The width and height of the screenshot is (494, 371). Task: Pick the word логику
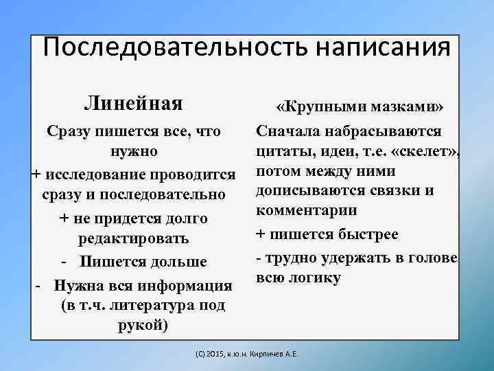316,278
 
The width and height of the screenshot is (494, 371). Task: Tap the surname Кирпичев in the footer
274,355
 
